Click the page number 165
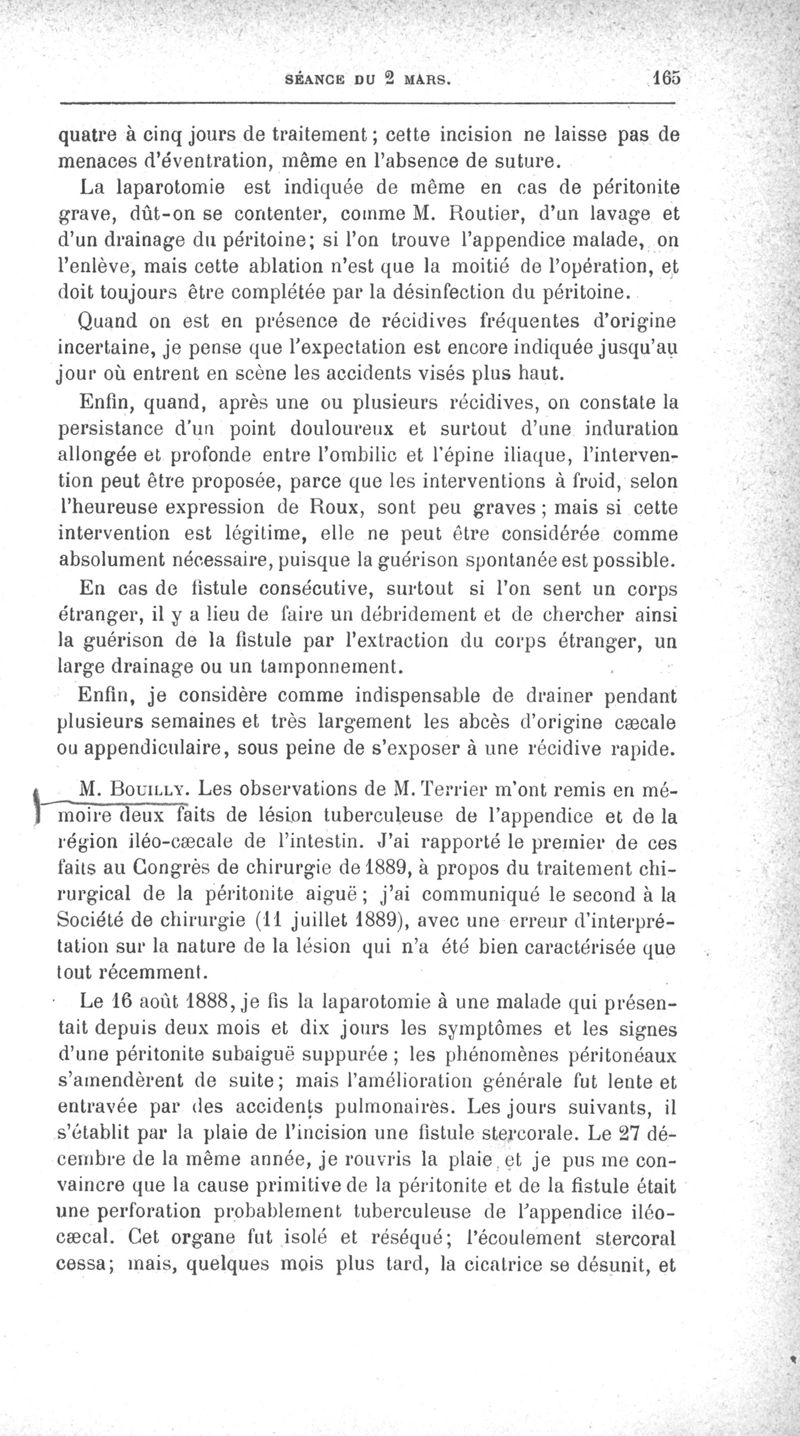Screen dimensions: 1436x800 coord(664,76)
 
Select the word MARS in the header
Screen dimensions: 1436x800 coord(429,78)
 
